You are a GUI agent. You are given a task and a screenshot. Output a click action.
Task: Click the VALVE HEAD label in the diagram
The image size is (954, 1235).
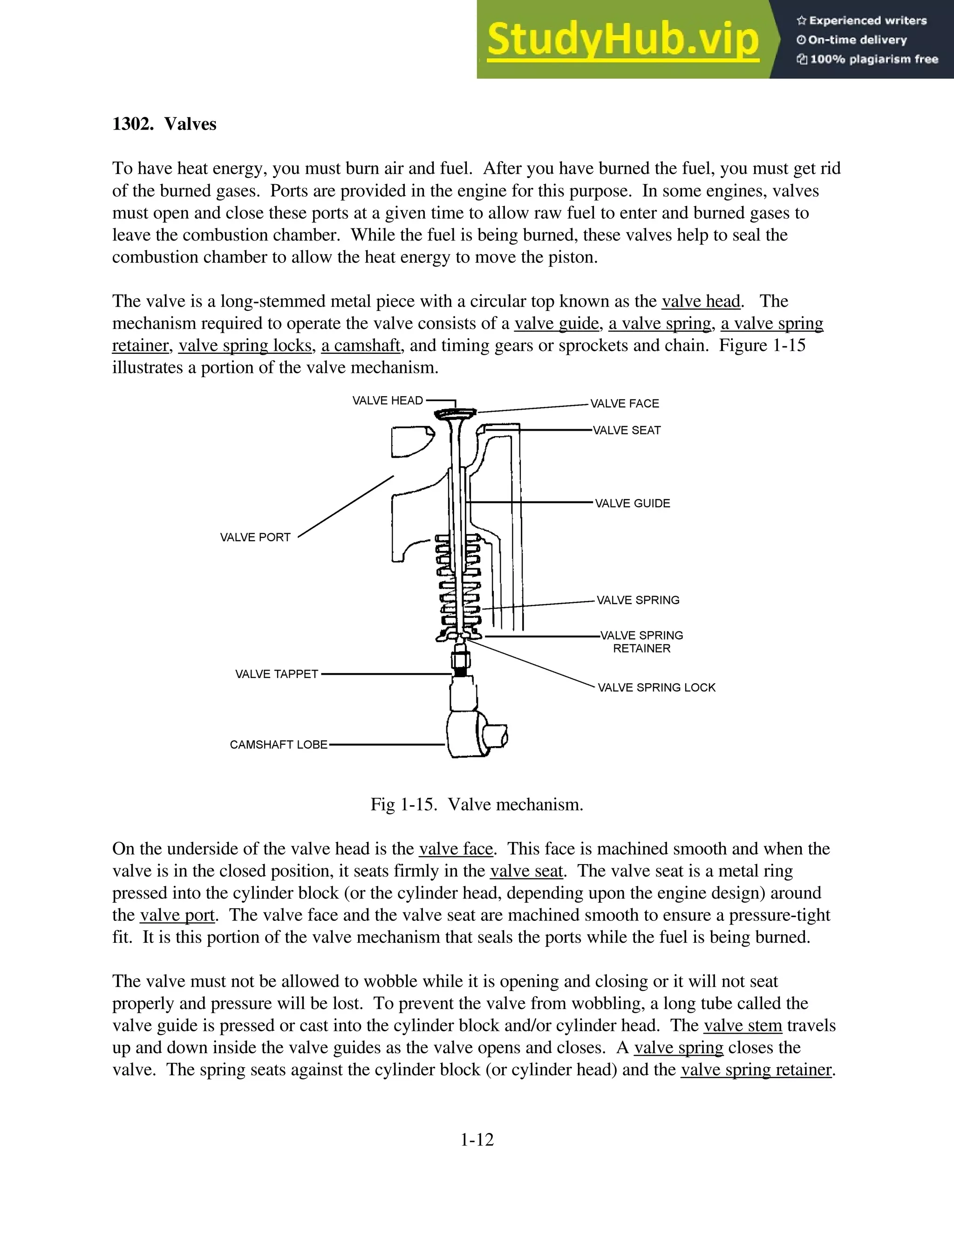pos(387,401)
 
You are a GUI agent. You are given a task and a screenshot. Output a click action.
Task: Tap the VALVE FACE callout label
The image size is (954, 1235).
pos(625,404)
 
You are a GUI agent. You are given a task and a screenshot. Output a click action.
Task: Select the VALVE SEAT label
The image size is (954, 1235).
pos(626,430)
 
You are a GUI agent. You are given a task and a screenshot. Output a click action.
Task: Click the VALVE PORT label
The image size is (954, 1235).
pos(255,537)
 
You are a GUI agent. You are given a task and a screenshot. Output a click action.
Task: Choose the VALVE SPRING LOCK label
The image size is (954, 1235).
pos(656,687)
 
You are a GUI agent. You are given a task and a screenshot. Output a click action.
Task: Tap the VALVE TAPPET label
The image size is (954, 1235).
pos(276,674)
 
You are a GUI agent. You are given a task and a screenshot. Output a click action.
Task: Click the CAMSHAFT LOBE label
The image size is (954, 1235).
pos(278,745)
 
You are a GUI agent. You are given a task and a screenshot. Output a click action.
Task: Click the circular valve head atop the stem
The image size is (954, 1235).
pos(456,414)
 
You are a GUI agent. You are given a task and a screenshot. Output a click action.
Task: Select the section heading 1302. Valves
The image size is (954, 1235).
pos(164,124)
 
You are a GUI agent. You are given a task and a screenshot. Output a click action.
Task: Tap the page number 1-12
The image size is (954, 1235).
pos(477,1139)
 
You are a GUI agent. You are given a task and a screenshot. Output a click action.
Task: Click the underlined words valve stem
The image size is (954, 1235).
pos(742,1025)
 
